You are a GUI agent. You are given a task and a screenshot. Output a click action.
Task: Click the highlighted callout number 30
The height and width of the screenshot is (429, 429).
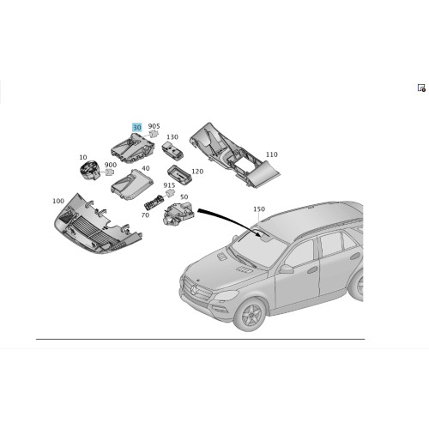(136, 127)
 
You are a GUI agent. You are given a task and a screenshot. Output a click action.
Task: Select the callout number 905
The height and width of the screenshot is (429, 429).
(154, 127)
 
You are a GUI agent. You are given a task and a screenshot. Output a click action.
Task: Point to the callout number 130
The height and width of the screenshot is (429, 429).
(172, 137)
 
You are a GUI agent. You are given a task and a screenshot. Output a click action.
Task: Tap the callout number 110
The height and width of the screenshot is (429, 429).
(272, 154)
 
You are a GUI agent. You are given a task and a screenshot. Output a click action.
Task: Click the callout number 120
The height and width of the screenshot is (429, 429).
(197, 172)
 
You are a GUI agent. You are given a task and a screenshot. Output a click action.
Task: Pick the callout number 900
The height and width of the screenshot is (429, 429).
(111, 165)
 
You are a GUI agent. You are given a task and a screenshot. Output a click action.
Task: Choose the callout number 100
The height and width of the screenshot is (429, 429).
(58, 201)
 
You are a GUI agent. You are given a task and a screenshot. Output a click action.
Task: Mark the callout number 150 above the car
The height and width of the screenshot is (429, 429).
(260, 209)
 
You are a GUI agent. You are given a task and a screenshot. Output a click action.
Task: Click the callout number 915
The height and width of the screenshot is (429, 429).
(169, 185)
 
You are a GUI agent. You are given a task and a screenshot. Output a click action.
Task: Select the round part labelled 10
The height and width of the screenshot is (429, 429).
(90, 172)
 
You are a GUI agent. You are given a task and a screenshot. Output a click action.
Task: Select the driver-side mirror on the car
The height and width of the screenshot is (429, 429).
(286, 269)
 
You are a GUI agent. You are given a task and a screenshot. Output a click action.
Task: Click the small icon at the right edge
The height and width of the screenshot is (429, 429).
(421, 88)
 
